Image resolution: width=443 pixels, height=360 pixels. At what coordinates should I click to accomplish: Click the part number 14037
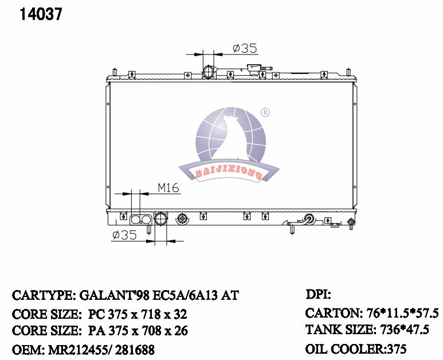point(41,14)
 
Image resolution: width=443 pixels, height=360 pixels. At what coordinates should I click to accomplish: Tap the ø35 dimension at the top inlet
point(245,48)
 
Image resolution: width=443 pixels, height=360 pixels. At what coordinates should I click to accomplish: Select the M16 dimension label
point(168,187)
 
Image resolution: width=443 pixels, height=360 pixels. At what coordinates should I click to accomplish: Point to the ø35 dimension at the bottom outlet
point(124,235)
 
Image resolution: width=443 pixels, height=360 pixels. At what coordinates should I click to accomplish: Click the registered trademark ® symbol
point(265,112)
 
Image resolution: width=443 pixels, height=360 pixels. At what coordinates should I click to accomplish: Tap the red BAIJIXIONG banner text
point(229,173)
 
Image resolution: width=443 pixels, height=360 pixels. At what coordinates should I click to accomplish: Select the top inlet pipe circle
point(209,72)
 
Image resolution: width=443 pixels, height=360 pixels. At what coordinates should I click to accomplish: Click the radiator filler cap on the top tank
point(254,69)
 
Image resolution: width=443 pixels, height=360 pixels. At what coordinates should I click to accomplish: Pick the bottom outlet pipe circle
point(161,219)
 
